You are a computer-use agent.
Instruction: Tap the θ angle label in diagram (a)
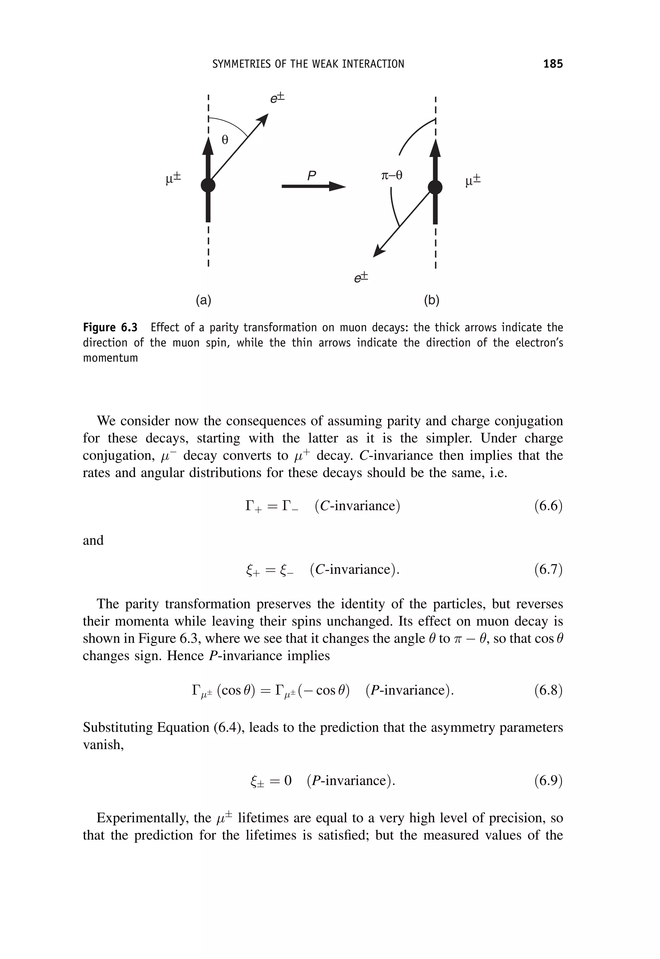(x=225, y=140)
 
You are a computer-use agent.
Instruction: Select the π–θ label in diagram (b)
(x=391, y=175)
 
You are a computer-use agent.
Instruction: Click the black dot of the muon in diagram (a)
(x=208, y=185)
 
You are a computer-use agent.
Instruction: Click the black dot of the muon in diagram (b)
(x=435, y=187)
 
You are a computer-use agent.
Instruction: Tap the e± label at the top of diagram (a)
(x=277, y=98)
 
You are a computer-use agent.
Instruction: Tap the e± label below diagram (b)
(x=361, y=278)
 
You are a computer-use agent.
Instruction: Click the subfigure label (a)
(x=203, y=300)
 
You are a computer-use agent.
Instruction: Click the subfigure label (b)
(x=431, y=300)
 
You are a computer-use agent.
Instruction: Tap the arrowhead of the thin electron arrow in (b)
(x=378, y=252)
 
